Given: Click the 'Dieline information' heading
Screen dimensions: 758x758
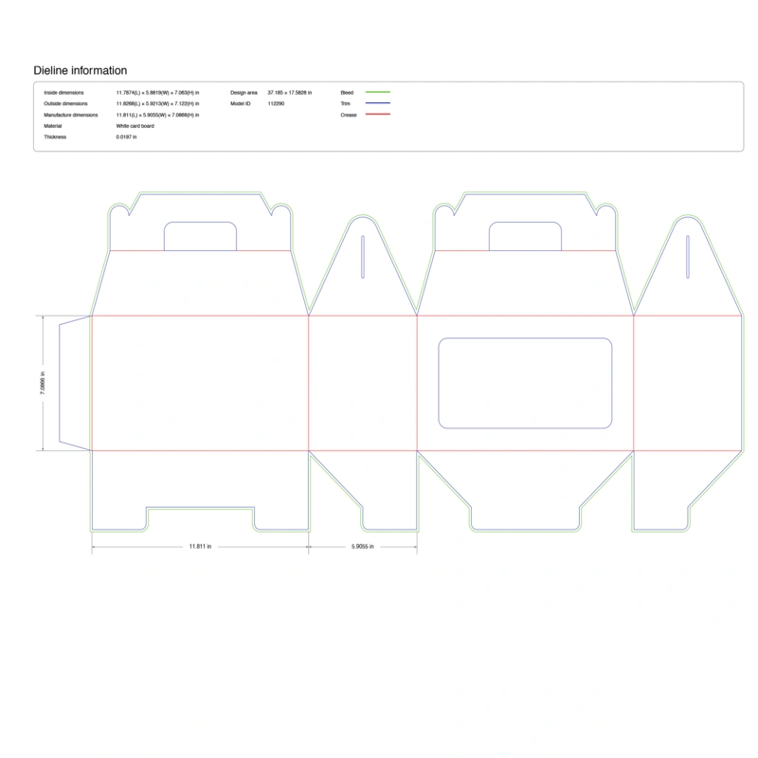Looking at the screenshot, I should (81, 70).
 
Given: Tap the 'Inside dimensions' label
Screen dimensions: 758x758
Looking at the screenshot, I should (63, 92).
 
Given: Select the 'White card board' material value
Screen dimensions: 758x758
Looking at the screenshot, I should (135, 126).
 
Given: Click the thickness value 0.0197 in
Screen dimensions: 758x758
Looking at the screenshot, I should (127, 137).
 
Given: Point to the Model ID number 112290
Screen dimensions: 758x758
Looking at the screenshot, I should (277, 103).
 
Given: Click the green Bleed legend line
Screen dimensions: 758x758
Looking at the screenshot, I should (377, 92).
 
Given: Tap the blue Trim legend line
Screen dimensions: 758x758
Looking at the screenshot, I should (377, 103).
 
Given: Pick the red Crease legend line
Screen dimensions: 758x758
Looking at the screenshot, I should (377, 115).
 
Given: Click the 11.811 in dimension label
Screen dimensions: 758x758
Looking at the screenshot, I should (200, 547).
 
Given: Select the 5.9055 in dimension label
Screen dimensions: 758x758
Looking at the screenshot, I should (362, 547).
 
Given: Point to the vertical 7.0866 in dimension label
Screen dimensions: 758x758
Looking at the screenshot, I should (43, 383).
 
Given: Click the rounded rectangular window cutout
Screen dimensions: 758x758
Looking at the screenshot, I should (525, 383).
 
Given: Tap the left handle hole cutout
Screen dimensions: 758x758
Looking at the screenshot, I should (200, 237).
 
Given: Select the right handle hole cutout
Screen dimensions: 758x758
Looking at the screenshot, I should (525, 237).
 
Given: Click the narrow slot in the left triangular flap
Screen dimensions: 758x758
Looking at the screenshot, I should (363, 257).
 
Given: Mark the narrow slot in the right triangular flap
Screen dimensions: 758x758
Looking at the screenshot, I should (687, 257).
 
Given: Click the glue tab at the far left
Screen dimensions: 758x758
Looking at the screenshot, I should (75, 383).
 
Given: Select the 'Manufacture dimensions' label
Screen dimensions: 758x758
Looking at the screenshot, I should (70, 115).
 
